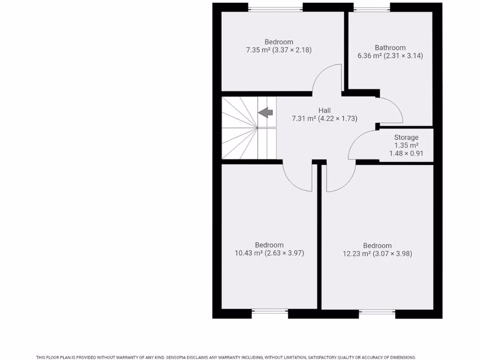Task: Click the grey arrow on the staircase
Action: click(x=266, y=112)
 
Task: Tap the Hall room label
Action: click(x=324, y=111)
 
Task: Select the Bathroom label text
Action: click(x=390, y=47)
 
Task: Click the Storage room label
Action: click(x=406, y=137)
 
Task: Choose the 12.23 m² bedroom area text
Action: click(x=377, y=254)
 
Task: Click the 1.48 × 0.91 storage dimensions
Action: click(x=406, y=153)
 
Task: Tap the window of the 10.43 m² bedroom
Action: click(x=270, y=310)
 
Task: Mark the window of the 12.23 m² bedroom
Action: click(x=377, y=311)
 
